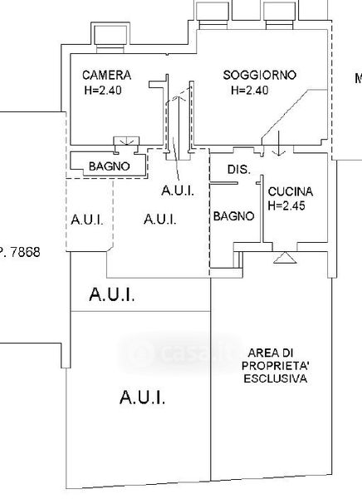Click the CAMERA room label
[x=106, y=76]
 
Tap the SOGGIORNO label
[x=259, y=75]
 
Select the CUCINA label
[x=290, y=191]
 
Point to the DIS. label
[x=239, y=170]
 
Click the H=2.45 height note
[x=286, y=205]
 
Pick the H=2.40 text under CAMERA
[x=103, y=91]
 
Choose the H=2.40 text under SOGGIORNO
[x=249, y=91]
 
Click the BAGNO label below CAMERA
[x=110, y=166]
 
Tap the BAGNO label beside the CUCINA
[x=233, y=216]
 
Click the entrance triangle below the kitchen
[x=285, y=258]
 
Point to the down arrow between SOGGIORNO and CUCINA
[x=279, y=143]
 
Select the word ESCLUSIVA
[x=275, y=378]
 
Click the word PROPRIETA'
[x=275, y=366]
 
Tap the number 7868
[x=26, y=252]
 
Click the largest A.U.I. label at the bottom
[x=142, y=398]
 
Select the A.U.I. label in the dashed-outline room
[x=87, y=220]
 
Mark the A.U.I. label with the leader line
[x=178, y=191]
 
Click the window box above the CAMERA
[x=110, y=35]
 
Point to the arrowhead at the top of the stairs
[x=179, y=97]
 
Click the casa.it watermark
[x=179, y=353]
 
